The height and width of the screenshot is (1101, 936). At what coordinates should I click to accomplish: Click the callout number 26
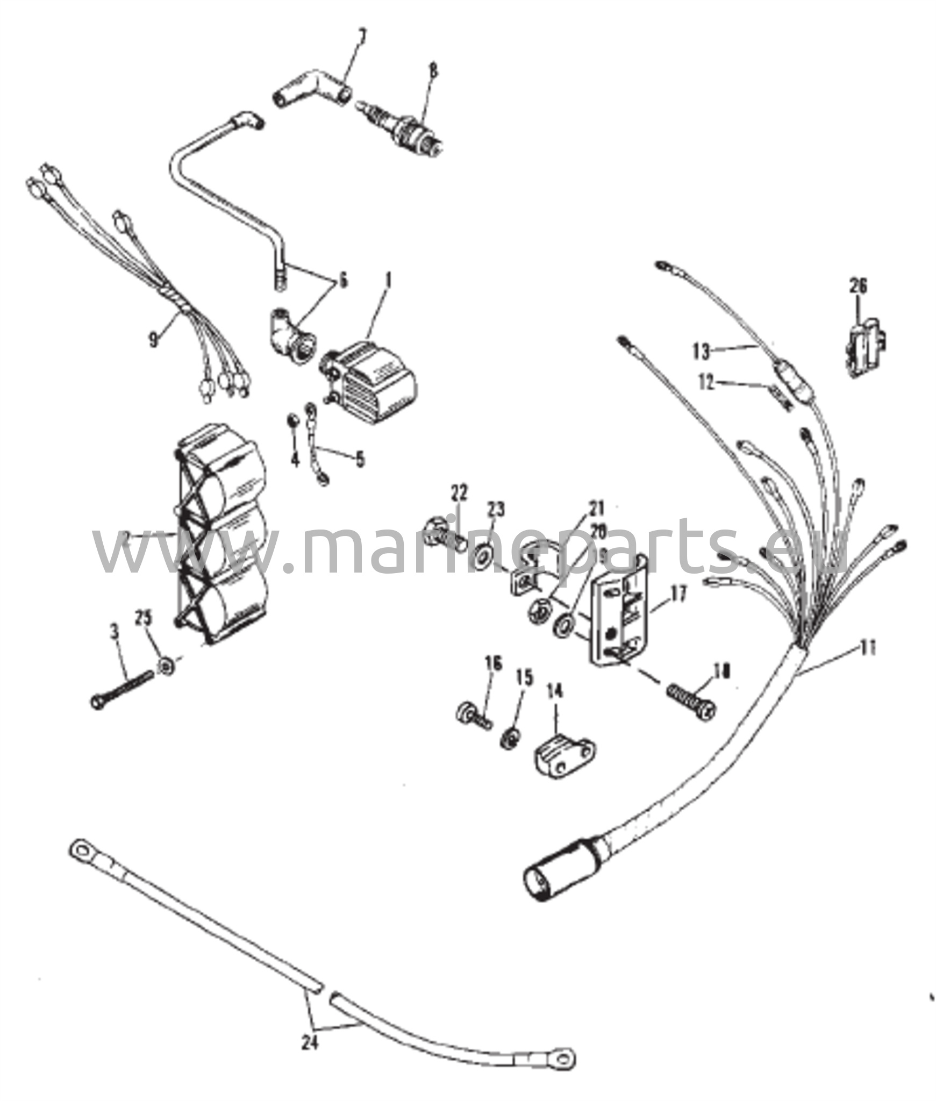click(858, 286)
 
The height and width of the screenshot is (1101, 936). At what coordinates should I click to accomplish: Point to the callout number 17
click(678, 595)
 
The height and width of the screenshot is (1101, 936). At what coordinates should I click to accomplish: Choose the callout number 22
click(459, 493)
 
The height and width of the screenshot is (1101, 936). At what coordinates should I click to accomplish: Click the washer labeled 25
click(166, 667)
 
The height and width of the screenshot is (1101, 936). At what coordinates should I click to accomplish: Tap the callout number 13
click(702, 353)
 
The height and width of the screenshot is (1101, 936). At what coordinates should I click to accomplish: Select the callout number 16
click(493, 664)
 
